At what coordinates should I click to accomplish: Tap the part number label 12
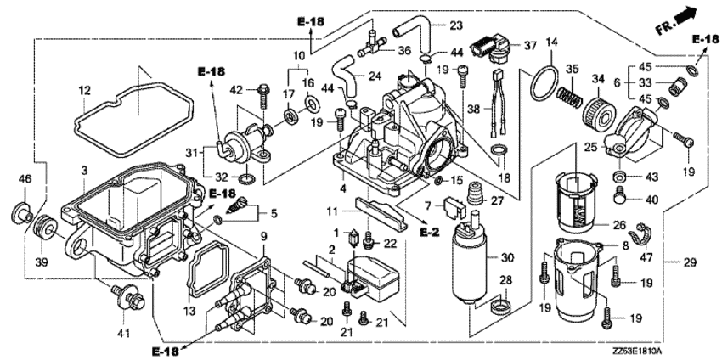click(x=84, y=90)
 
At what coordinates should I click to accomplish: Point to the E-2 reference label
click(x=428, y=230)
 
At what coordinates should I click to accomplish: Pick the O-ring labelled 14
click(x=541, y=83)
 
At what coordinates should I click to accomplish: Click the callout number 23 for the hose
click(x=456, y=25)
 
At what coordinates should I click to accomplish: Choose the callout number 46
click(x=24, y=179)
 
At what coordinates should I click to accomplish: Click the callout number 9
click(x=264, y=234)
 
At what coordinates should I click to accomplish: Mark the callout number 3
click(x=85, y=172)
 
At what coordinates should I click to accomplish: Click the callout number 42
click(x=237, y=88)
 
